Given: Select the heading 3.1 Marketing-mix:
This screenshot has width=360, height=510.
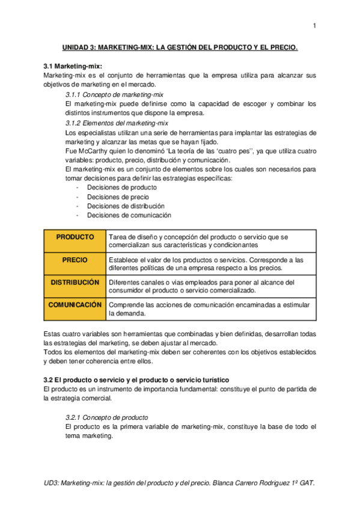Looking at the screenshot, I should (x=72, y=66).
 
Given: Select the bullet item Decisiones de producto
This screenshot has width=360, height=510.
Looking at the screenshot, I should (x=118, y=187).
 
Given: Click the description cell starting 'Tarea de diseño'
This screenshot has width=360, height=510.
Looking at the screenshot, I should (x=210, y=241).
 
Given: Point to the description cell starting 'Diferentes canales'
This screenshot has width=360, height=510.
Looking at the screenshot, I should (x=210, y=286).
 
